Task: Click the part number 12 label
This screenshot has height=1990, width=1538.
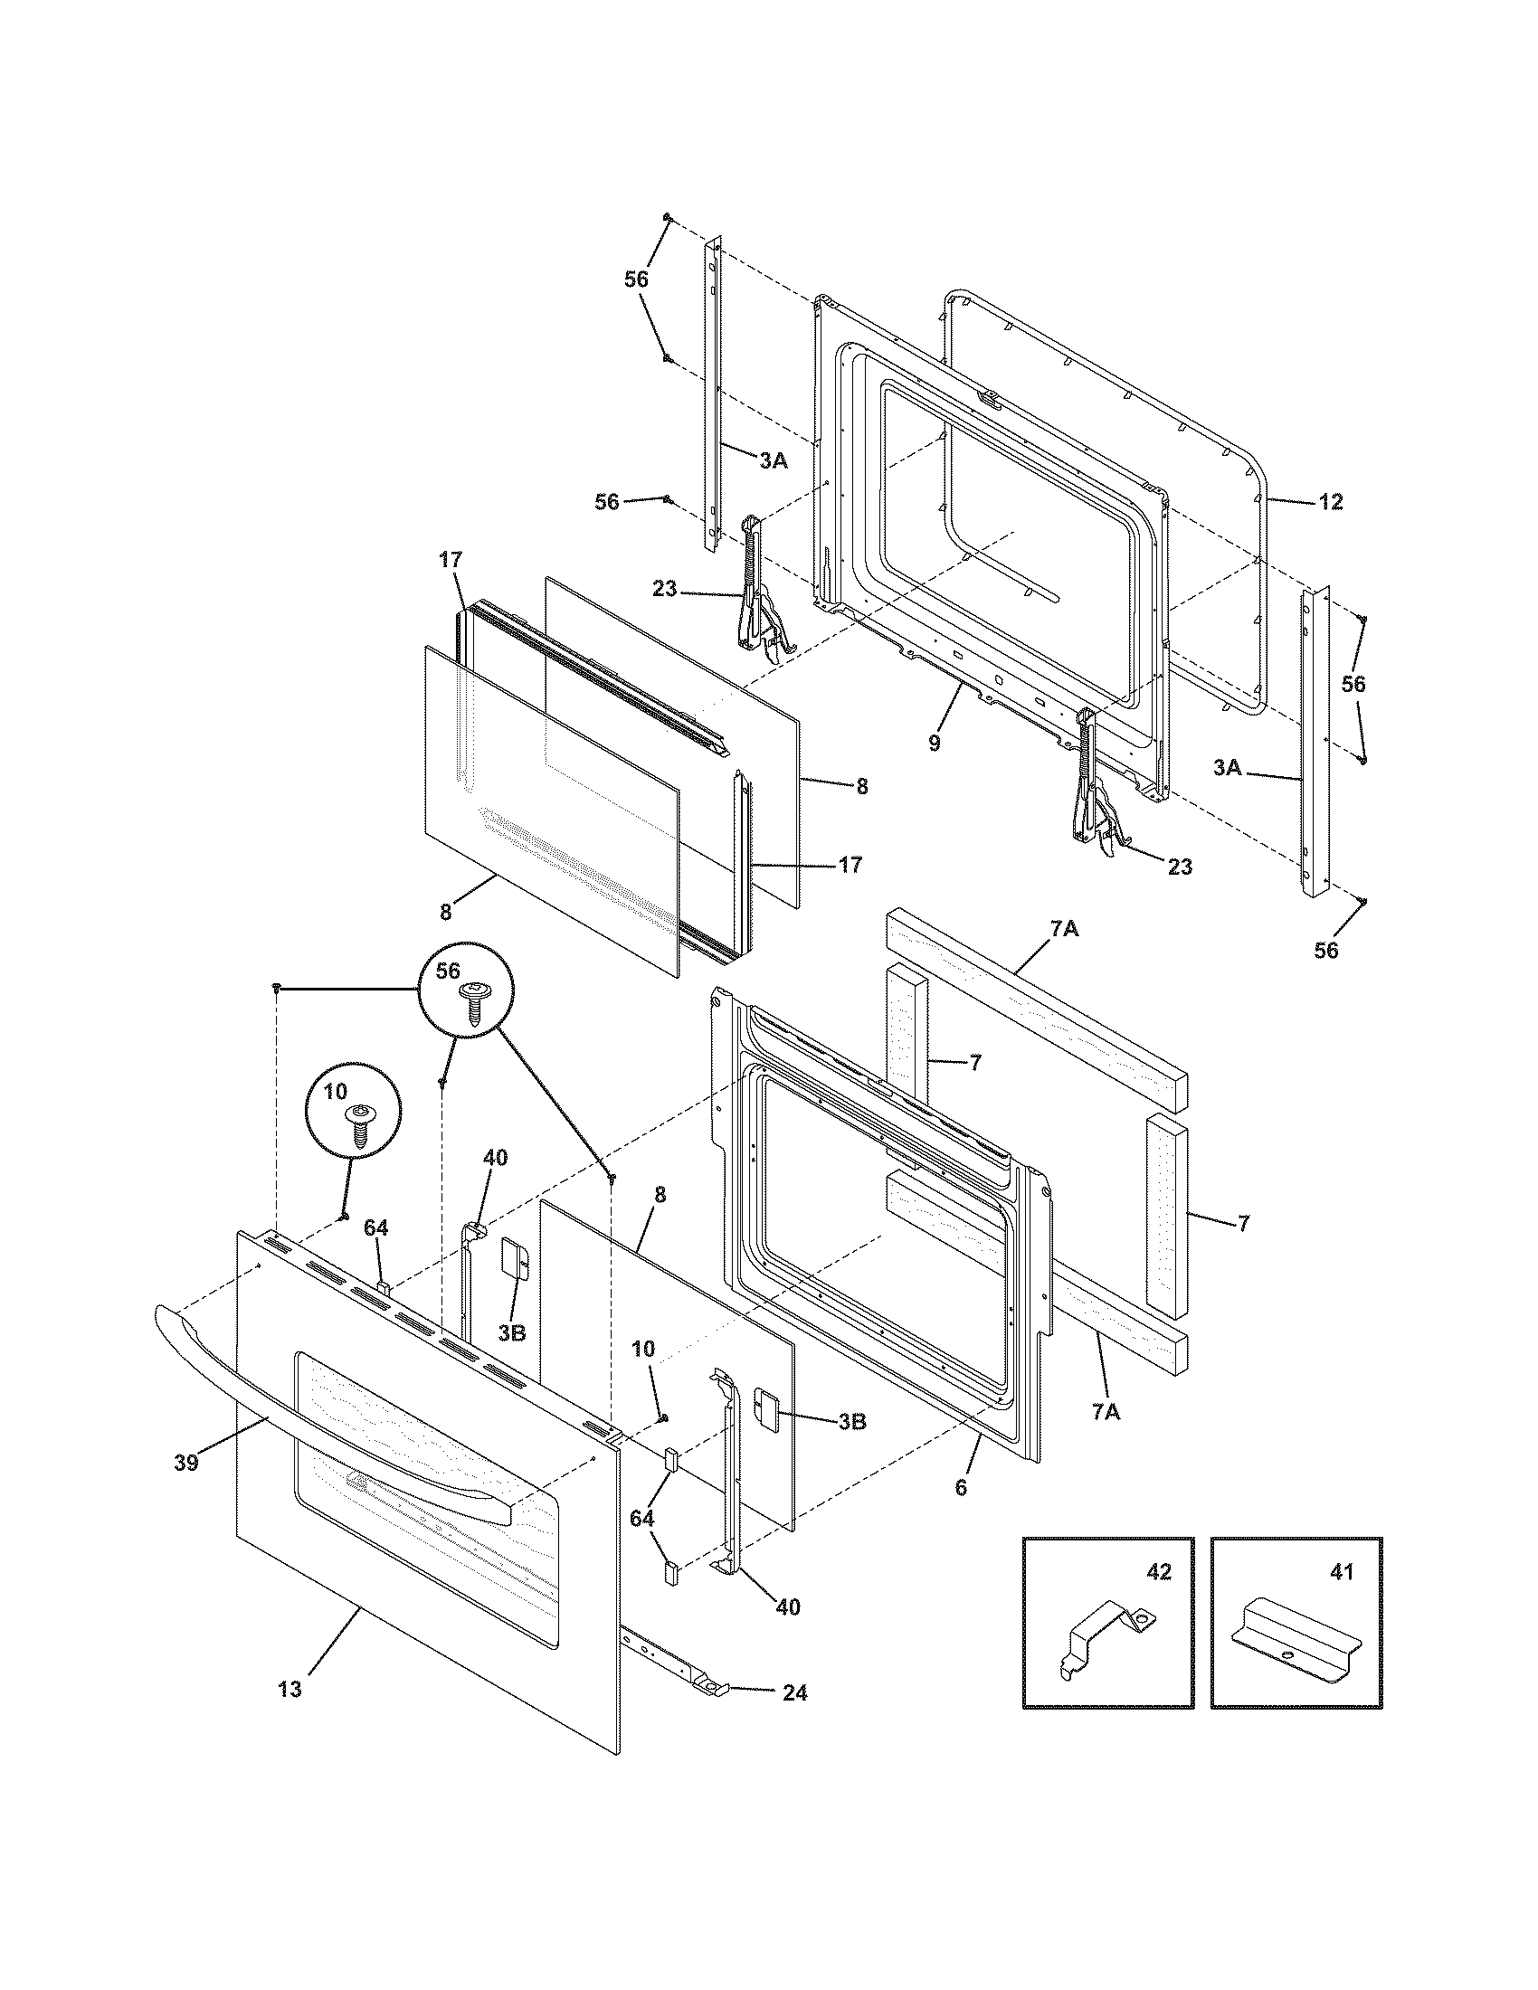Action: pyautogui.click(x=1330, y=502)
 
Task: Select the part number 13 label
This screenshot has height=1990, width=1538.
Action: pyautogui.click(x=290, y=1690)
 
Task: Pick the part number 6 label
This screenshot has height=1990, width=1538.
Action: pyautogui.click(x=960, y=1488)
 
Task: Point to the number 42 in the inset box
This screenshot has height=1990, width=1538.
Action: pyautogui.click(x=1159, y=1572)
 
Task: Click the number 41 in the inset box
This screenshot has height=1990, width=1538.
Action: pyautogui.click(x=1342, y=1572)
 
